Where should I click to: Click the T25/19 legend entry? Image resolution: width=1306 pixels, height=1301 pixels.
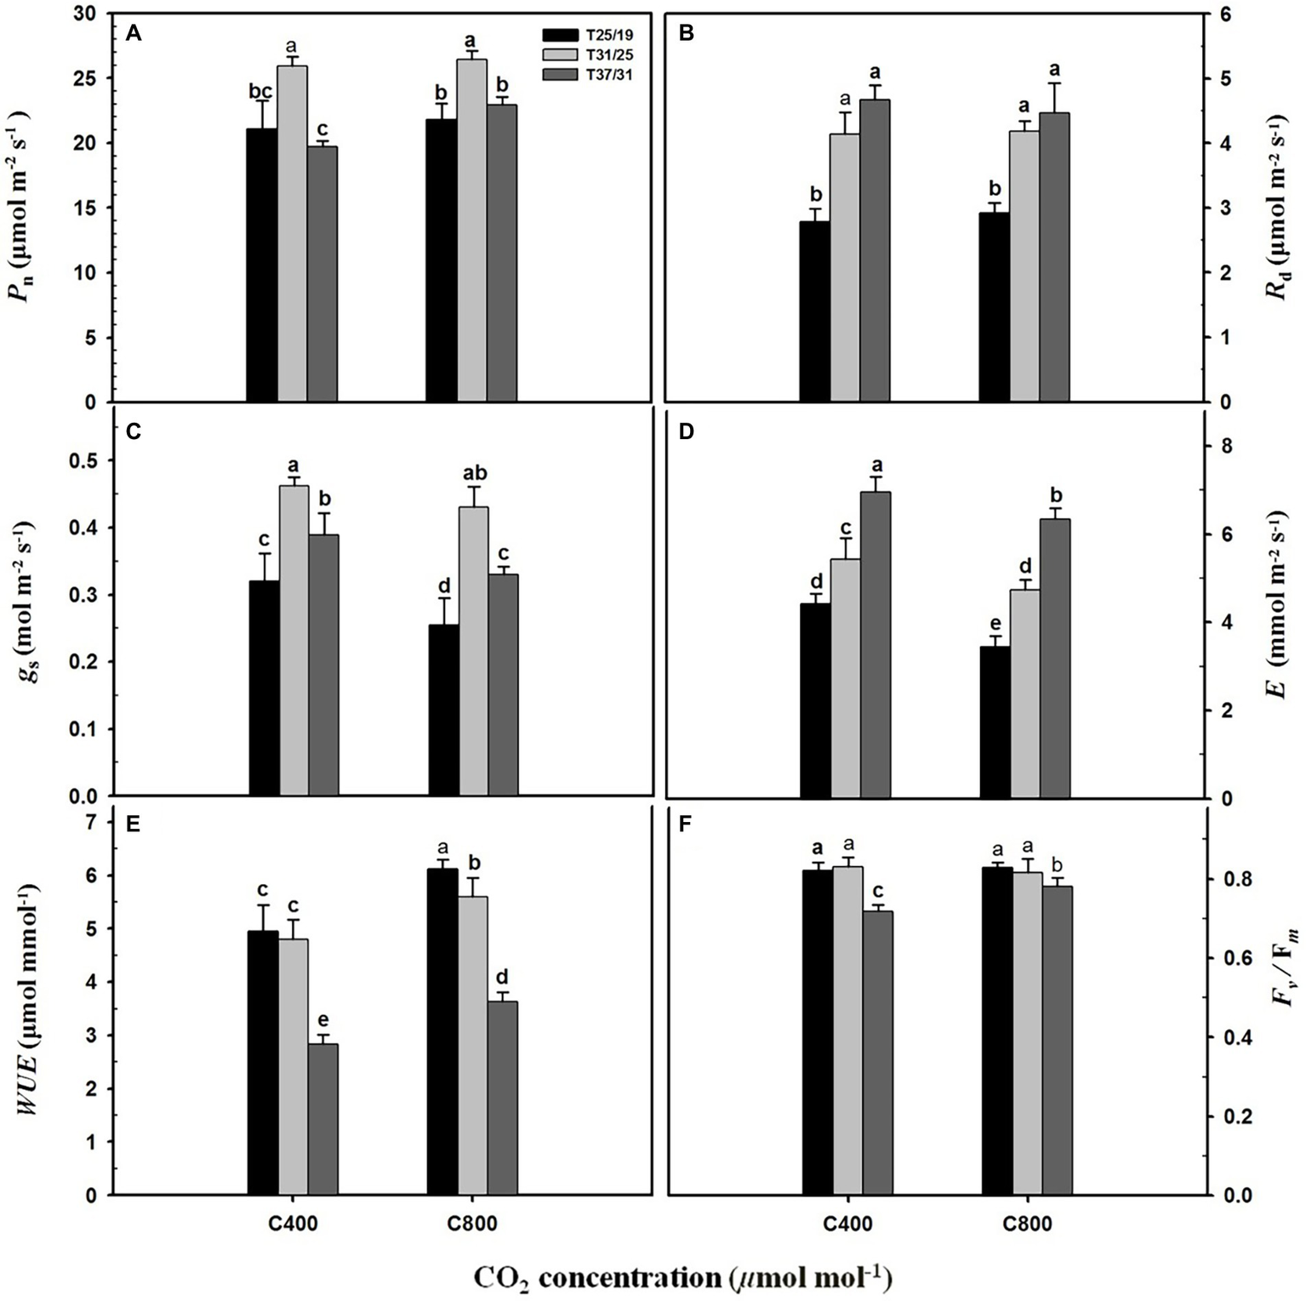click(x=587, y=35)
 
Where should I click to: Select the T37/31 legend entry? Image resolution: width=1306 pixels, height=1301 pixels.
click(x=587, y=75)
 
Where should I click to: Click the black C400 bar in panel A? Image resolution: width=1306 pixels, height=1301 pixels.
click(x=261, y=265)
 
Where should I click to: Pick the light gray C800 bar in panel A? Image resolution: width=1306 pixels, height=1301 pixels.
click(x=472, y=230)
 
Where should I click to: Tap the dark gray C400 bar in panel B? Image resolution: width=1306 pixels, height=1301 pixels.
click(x=875, y=250)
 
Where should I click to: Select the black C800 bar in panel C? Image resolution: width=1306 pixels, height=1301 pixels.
click(x=443, y=710)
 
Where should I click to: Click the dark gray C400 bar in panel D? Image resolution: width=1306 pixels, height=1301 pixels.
click(x=875, y=644)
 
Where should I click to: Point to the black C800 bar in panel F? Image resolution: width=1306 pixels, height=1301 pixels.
click(x=996, y=1030)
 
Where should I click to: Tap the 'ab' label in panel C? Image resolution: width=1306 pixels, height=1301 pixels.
click(x=473, y=474)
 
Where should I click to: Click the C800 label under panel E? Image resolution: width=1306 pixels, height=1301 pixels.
click(x=473, y=1224)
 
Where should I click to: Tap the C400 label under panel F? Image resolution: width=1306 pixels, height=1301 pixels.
click(x=847, y=1224)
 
